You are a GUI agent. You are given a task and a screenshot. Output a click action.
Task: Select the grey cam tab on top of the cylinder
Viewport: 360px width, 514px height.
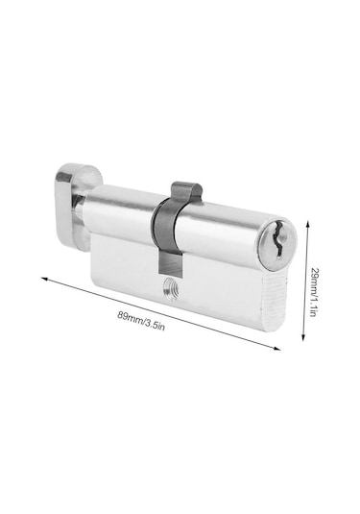coord(186,192)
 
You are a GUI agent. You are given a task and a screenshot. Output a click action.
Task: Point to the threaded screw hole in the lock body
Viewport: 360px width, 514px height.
coord(172,288)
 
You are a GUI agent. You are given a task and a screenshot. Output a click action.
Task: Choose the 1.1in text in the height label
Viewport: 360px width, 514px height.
coord(313,306)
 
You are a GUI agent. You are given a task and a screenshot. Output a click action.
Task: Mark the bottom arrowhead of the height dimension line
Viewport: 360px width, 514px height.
coord(303,337)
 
